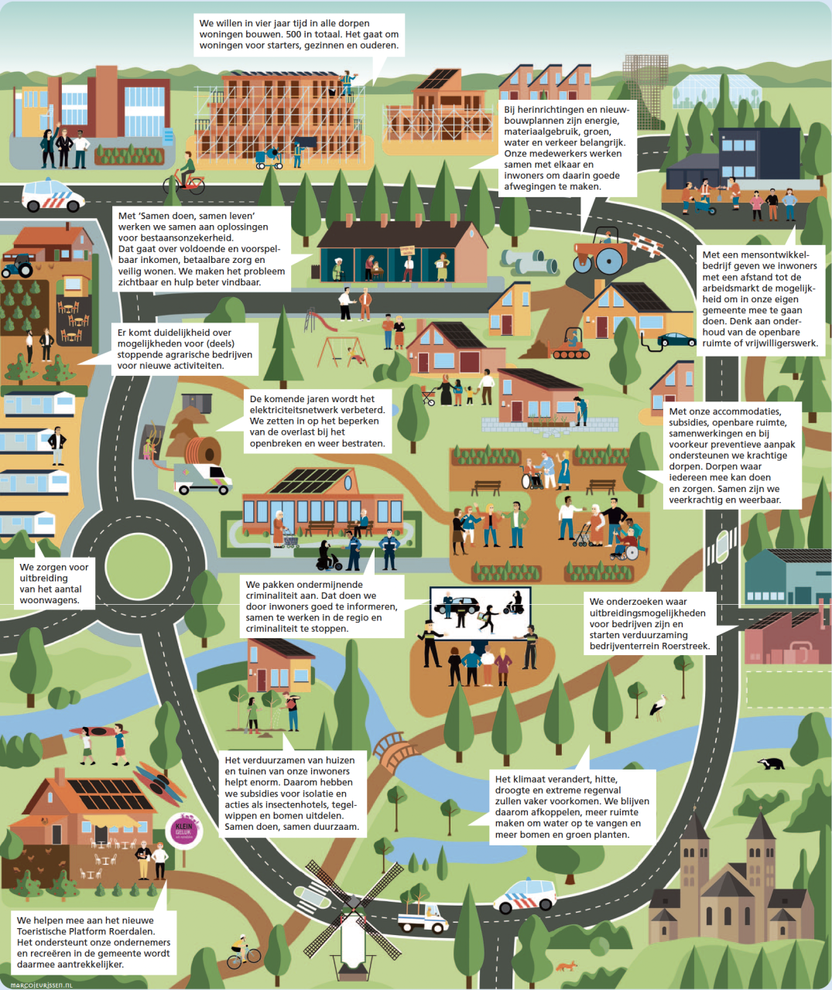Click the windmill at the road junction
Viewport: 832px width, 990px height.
click(352, 920)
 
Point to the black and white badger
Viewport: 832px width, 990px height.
click(771, 763)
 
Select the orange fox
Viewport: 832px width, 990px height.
click(567, 966)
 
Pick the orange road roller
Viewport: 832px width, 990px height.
click(601, 251)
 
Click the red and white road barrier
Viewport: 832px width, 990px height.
click(645, 245)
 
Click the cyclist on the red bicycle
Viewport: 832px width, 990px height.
click(185, 178)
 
